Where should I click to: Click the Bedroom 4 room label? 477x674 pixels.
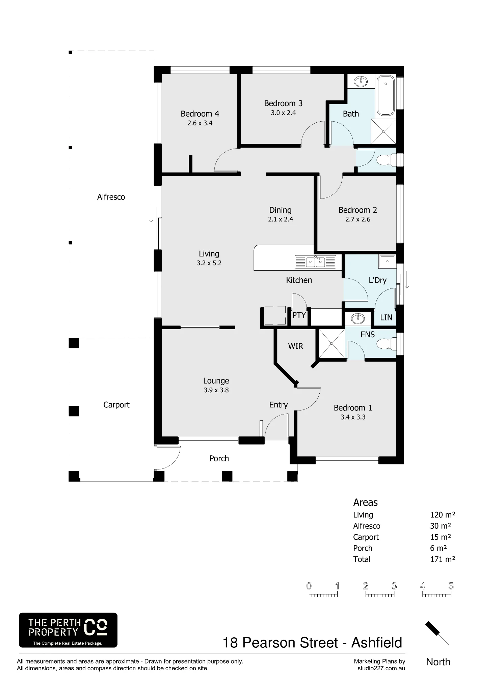[200, 114]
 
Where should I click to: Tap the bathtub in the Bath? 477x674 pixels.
[385, 95]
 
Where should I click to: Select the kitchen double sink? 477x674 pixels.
[315, 262]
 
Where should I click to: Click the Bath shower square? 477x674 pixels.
[383, 131]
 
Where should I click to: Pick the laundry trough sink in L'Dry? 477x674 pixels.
[387, 261]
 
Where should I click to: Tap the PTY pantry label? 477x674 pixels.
[299, 315]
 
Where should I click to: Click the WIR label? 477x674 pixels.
[296, 346]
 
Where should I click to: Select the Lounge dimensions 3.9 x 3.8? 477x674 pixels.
[216, 390]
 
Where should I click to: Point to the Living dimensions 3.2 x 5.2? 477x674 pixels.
[209, 263]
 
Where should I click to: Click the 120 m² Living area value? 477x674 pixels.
[443, 515]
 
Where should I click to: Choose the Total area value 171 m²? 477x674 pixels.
[443, 559]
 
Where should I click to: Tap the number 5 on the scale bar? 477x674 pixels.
[451, 586]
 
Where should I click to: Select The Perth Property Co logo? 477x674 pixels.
[68, 630]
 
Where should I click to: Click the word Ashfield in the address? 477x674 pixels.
[377, 643]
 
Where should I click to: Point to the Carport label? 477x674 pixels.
[116, 405]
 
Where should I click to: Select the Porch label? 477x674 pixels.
[219, 458]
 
